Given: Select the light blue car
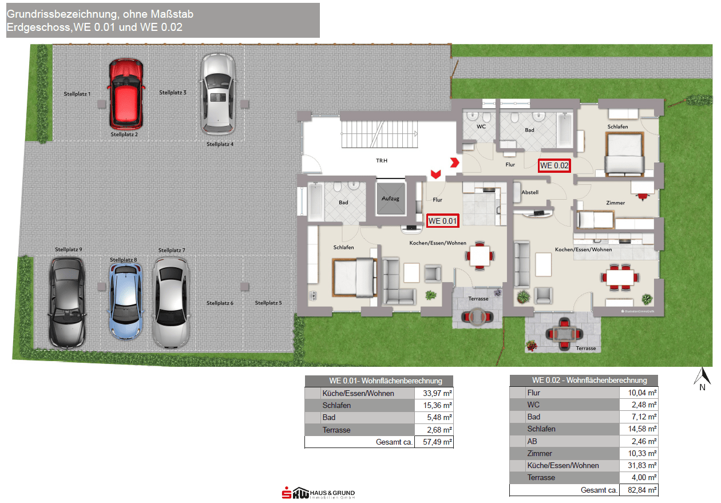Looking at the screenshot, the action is [125, 301].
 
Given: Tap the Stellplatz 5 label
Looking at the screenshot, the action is [268, 303].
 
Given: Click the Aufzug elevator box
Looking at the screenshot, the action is [390, 199].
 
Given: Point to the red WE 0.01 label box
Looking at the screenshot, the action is [442, 221].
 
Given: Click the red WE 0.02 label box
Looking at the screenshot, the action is [554, 166].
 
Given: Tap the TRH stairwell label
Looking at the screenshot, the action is [382, 161].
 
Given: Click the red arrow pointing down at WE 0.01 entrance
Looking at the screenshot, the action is [436, 174].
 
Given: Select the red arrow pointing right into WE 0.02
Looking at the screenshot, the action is [454, 163].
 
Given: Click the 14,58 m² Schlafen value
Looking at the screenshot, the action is [642, 429].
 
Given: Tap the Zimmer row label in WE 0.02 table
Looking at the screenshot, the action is [539, 453].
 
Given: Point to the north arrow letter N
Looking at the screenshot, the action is [702, 387].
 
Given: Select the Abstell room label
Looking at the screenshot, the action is [530, 192].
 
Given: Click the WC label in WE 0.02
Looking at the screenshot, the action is [481, 126].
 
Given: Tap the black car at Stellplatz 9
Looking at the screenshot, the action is [67, 303].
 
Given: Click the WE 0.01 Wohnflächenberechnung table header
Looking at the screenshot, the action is [379, 381].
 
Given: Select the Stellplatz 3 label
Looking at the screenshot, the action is [173, 93].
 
